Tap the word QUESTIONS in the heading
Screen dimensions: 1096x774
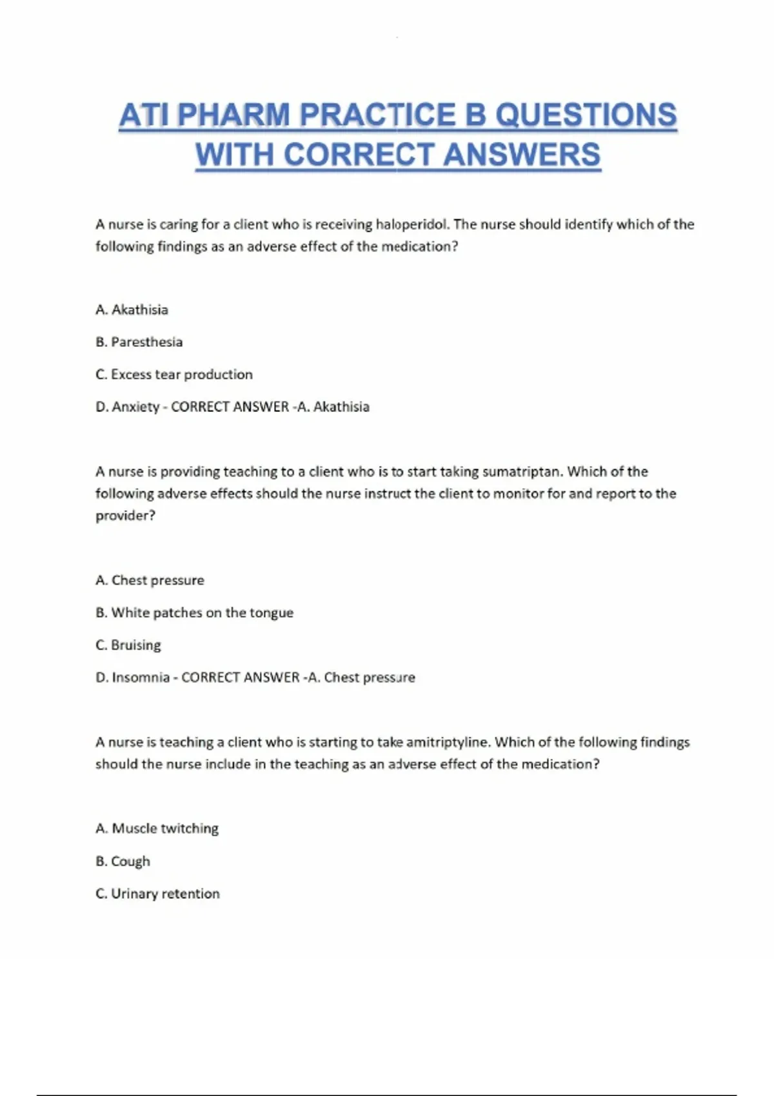586,116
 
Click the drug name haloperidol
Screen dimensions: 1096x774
412,225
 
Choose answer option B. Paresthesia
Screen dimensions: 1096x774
139,342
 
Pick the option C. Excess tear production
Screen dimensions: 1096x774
174,375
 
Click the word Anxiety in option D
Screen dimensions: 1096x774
135,407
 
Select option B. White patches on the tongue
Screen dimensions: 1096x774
194,613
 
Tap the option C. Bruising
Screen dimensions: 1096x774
128,645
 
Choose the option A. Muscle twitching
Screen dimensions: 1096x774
157,828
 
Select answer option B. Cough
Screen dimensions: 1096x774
123,861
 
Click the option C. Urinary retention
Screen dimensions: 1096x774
157,894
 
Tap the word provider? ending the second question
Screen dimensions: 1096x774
125,516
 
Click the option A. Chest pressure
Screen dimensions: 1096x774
150,581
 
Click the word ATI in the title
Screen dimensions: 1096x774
143,116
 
